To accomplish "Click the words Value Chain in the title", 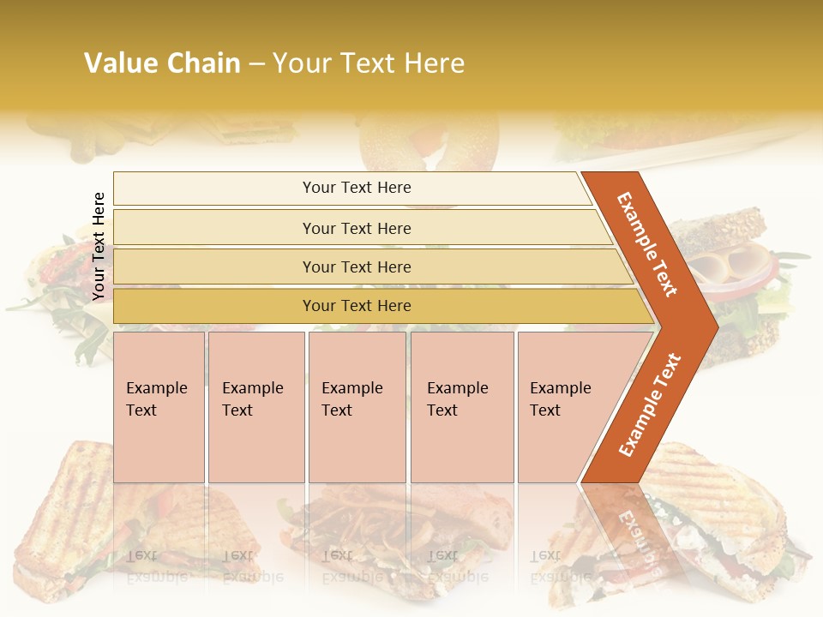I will click(162, 63).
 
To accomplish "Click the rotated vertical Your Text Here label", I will click(99, 246).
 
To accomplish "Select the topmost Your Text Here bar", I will click(356, 188).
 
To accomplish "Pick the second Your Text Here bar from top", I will click(356, 228).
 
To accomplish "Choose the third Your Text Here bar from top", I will click(356, 267).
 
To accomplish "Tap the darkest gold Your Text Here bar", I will click(356, 306).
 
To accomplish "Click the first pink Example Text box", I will click(159, 407).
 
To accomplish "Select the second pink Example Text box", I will click(255, 407).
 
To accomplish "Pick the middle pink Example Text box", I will click(357, 407).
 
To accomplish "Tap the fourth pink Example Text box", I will click(461, 407).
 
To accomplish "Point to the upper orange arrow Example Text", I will click(647, 244).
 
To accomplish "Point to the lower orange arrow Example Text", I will click(650, 404).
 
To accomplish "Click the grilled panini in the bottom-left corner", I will click(77, 514).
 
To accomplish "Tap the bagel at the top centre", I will click(429, 141).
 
